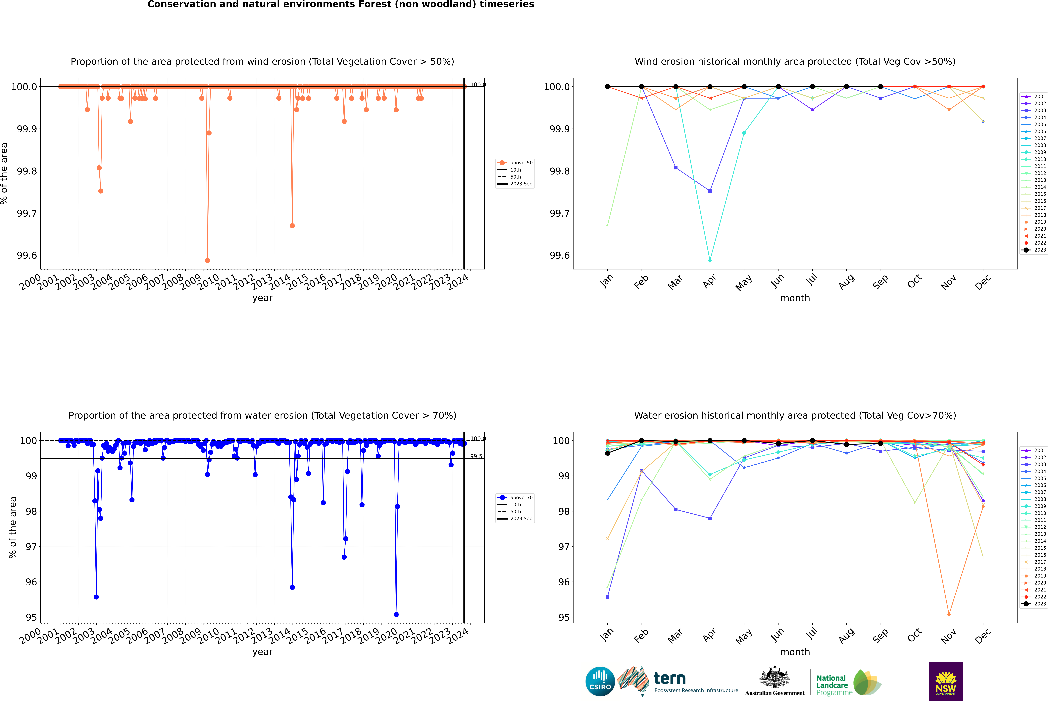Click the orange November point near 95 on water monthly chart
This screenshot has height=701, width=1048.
pos(949,614)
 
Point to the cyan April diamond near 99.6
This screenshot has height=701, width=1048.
pos(710,260)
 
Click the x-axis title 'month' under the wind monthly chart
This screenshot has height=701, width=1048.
pos(795,298)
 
